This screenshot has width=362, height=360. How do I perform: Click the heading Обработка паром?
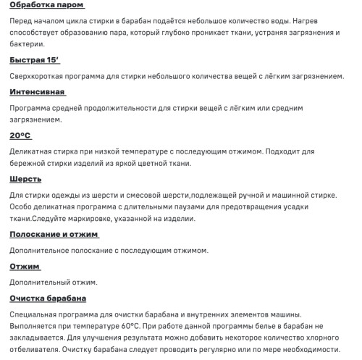coord(46,6)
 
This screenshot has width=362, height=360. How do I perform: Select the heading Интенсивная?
coord(37,92)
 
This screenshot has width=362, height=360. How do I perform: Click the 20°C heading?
coord(20,135)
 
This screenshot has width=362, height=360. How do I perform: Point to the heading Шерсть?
coord(25,178)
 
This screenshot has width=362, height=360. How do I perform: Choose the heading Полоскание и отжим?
coord(54,235)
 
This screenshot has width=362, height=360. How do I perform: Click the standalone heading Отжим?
coord(25,267)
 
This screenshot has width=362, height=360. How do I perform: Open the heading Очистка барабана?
coord(48,298)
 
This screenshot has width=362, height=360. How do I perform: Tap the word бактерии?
coord(27,45)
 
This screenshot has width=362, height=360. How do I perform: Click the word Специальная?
coord(36,314)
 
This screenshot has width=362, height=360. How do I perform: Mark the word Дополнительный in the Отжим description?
coord(41,282)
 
